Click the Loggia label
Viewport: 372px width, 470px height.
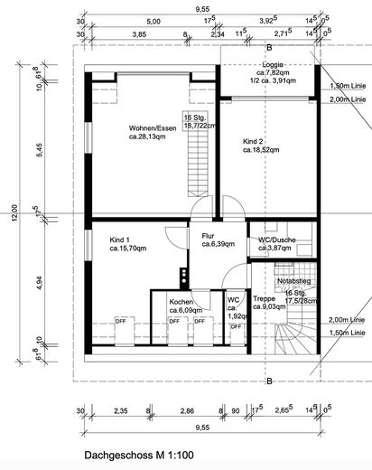[271, 65]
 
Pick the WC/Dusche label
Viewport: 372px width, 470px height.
[275, 240]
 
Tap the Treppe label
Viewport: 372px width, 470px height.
[264, 297]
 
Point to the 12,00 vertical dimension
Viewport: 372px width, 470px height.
[14, 211]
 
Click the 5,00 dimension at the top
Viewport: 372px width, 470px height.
[153, 20]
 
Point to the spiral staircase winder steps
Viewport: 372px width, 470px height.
[294, 348]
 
